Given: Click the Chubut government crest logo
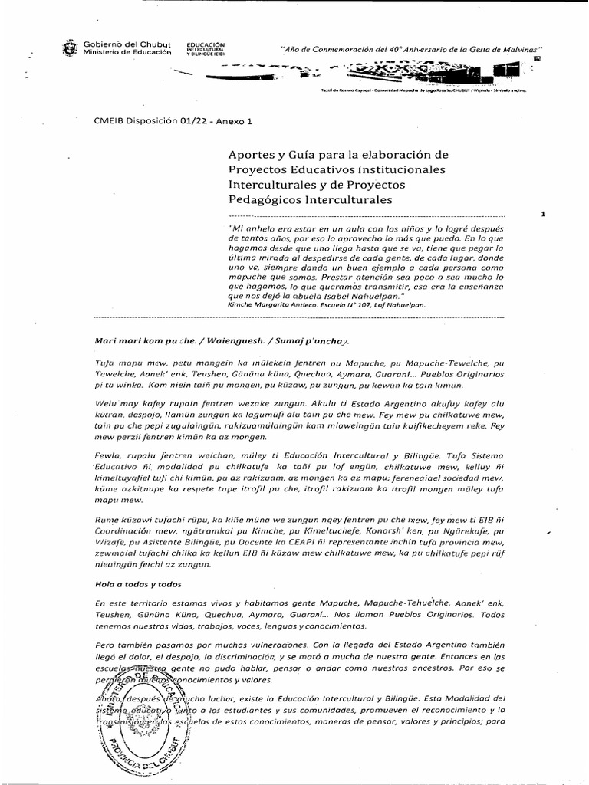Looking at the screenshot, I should pyautogui.click(x=70, y=50).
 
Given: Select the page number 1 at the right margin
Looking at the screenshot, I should pyautogui.click(x=542, y=215).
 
